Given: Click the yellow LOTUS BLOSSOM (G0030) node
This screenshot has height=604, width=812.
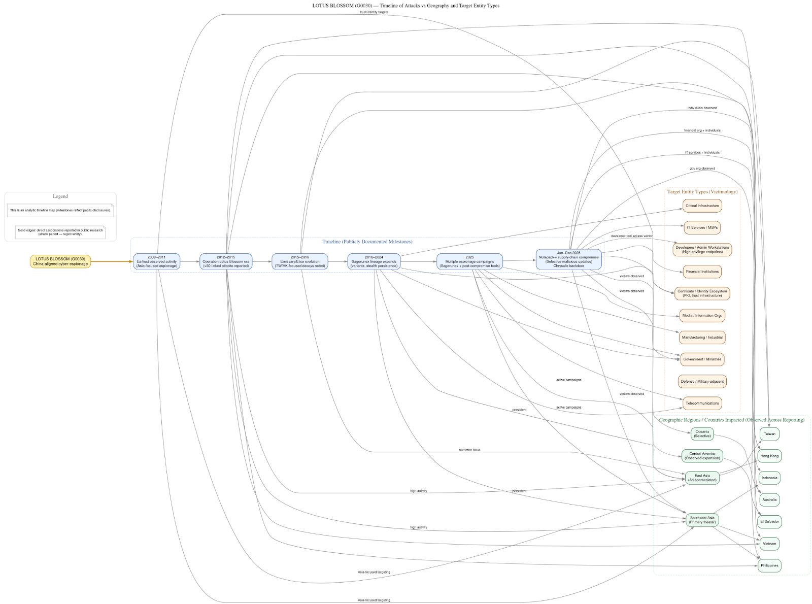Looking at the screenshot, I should coord(60,261).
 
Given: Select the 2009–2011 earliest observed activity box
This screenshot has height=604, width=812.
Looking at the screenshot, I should coord(156,261).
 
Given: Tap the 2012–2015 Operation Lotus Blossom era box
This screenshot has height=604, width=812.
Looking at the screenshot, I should coord(226,261).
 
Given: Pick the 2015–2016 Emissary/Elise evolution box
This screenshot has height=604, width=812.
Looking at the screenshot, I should coord(300,261).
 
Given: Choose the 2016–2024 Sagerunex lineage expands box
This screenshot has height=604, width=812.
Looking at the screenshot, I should coord(374,261).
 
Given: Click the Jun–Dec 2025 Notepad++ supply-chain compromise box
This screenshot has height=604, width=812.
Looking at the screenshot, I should coord(568,259).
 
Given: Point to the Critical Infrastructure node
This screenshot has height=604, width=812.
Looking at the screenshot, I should coord(702,206).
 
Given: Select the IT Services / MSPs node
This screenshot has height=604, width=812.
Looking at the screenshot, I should coord(702,227).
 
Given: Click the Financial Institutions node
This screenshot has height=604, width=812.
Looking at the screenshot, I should coord(702,272).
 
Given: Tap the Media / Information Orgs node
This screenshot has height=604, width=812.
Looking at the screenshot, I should coord(702,316).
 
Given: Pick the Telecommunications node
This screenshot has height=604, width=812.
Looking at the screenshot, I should coord(702,404).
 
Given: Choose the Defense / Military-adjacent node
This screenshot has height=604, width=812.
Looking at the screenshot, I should coord(702,381).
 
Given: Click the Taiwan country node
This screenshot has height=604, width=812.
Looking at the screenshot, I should coord(769,434).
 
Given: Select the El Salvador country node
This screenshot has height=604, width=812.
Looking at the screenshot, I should coord(769,522).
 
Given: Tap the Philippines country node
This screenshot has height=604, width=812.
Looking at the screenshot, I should coord(769,565).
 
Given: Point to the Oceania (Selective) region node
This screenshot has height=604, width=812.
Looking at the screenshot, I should coord(702,434).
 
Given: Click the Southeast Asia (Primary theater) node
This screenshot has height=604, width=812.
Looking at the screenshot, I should coord(702,520).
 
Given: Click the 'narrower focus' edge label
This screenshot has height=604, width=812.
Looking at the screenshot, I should coord(469,450).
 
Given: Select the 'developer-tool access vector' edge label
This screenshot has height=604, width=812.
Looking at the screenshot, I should coord(631,236).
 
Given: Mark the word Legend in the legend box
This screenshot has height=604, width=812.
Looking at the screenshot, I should coord(60,196).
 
